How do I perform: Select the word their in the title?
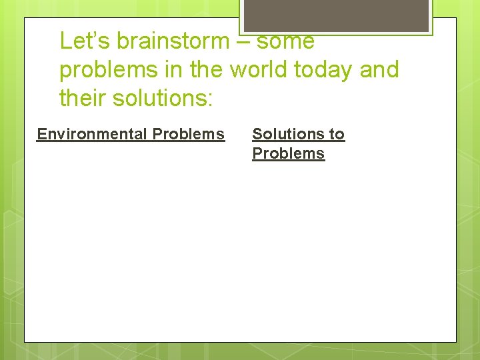pyautogui.click(x=83, y=98)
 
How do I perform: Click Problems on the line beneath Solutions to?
pyautogui.click(x=288, y=153)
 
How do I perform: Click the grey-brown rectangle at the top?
pyautogui.click(x=335, y=15)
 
